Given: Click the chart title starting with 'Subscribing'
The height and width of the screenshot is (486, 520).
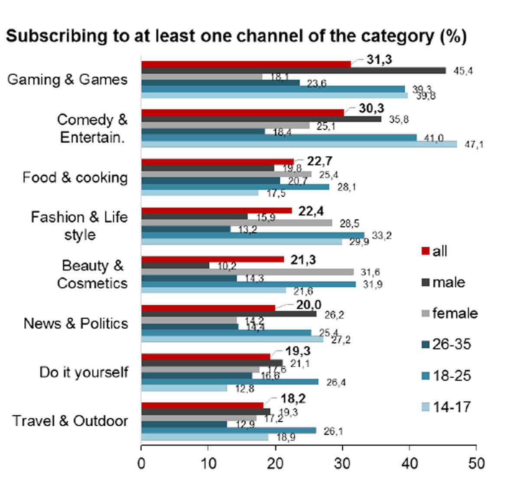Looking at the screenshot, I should pyautogui.click(x=236, y=36).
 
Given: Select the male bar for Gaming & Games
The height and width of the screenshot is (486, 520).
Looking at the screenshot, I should pyautogui.click(x=293, y=71).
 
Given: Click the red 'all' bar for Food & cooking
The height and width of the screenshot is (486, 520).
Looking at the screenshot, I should pyautogui.click(x=218, y=162).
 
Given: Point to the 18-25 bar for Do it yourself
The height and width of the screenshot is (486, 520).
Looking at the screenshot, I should pyautogui.click(x=230, y=382).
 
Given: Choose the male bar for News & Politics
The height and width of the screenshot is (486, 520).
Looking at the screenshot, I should pyautogui.click(x=229, y=314).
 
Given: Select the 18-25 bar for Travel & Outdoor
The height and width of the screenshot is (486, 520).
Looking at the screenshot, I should pyautogui.click(x=228, y=431).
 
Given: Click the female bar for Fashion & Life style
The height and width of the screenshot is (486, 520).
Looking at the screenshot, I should pyautogui.click(x=237, y=223).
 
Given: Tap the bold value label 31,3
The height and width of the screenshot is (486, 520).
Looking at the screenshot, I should pyautogui.click(x=379, y=60).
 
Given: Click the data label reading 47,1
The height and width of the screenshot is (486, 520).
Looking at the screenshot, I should pyautogui.click(x=473, y=145).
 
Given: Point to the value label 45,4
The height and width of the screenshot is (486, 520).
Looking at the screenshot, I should pyautogui.click(x=463, y=71).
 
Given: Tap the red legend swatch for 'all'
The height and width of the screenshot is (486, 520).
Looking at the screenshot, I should pyautogui.click(x=425, y=251).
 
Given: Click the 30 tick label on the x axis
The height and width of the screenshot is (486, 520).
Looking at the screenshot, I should pyautogui.click(x=342, y=463).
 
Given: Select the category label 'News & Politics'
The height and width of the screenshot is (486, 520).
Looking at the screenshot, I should pyautogui.click(x=76, y=323).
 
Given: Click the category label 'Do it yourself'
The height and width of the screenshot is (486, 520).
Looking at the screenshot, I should pyautogui.click(x=84, y=372).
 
